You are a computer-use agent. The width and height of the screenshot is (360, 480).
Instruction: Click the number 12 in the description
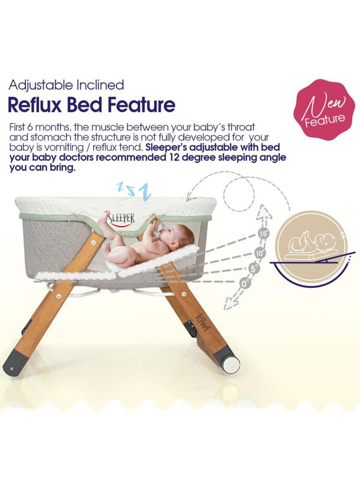coord(182,158)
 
